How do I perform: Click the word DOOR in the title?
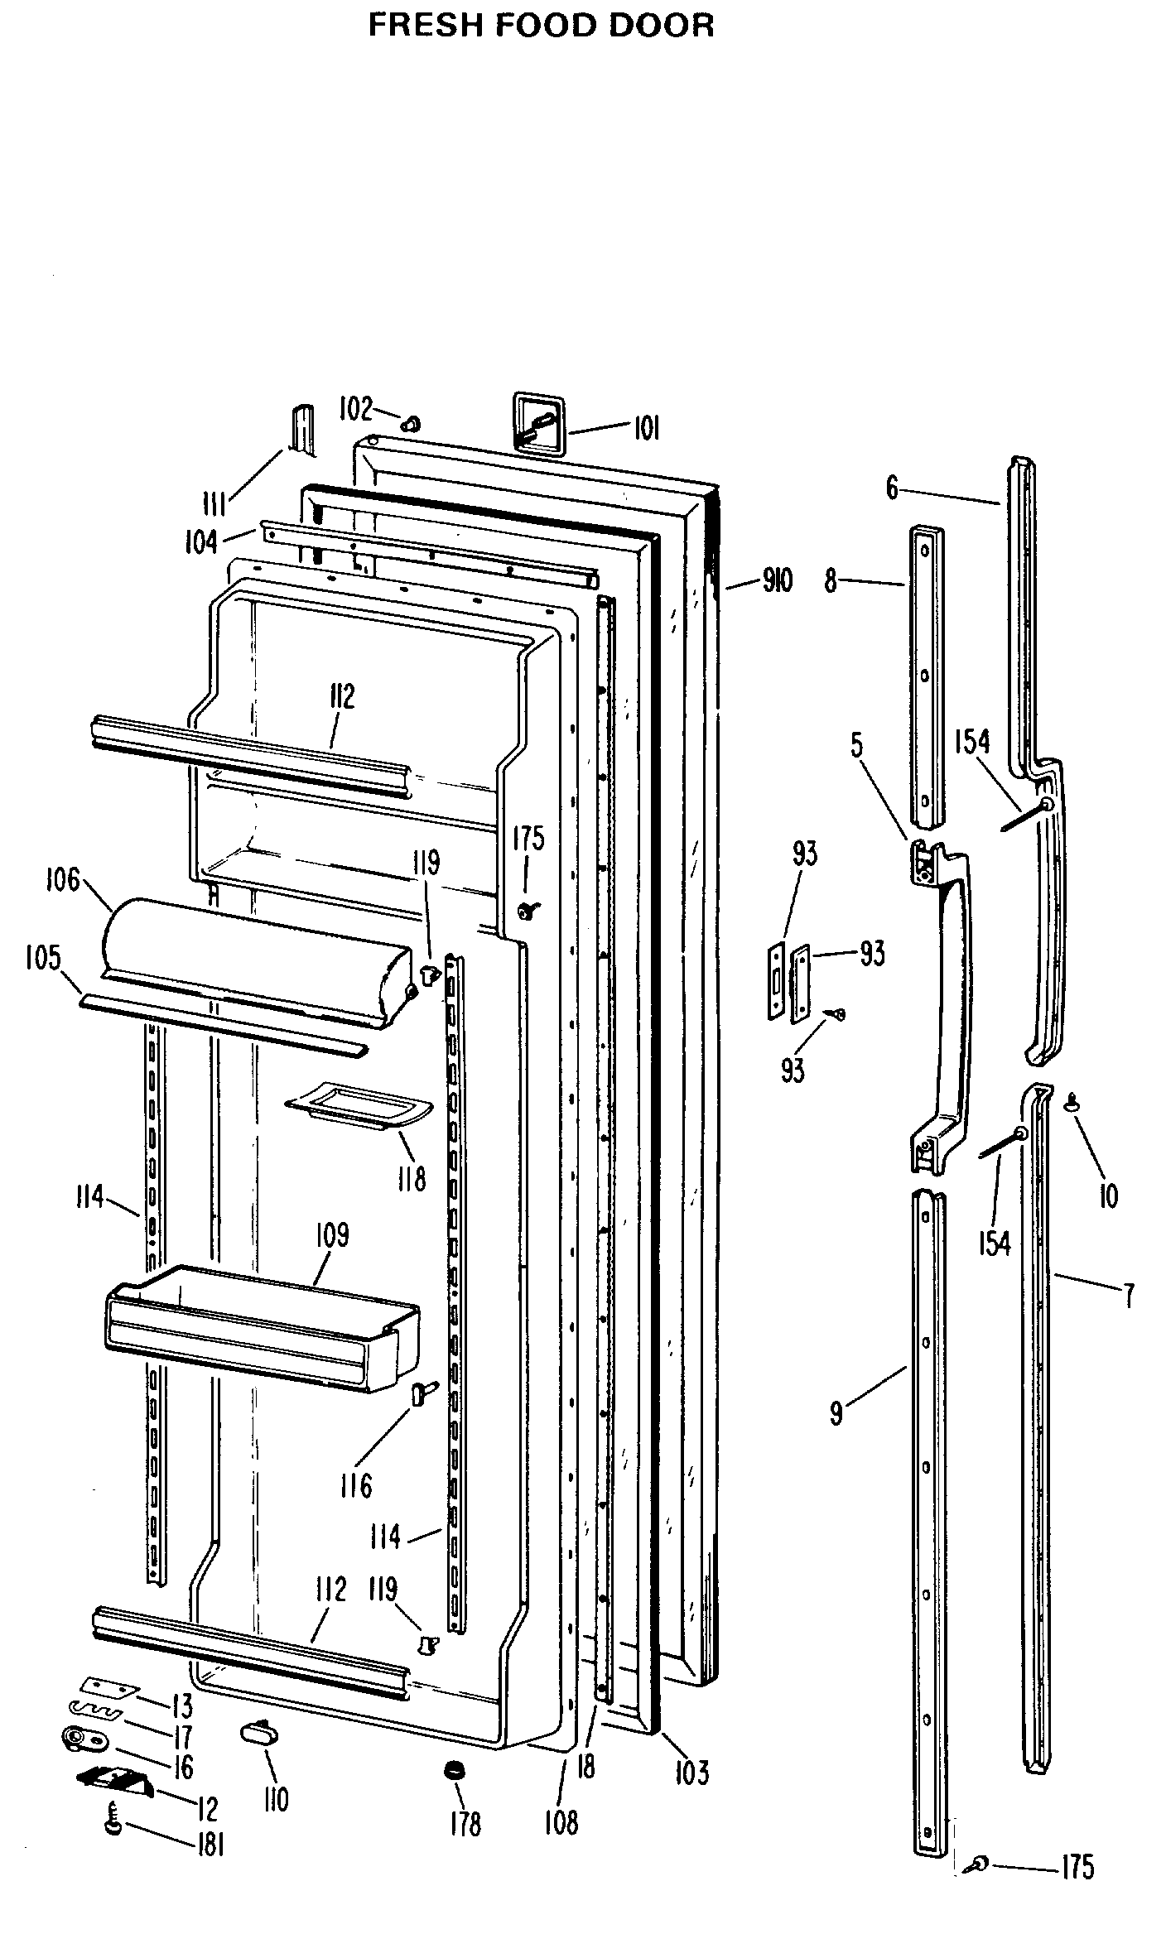pyautogui.click(x=661, y=26)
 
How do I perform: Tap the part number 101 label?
pyautogui.click(x=646, y=429)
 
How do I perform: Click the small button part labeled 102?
pyautogui.click(x=409, y=424)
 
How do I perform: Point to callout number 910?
pyautogui.click(x=777, y=581)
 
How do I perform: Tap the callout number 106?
pyautogui.click(x=63, y=880)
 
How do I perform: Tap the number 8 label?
pyautogui.click(x=831, y=581)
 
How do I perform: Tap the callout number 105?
pyautogui.click(x=43, y=958)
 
